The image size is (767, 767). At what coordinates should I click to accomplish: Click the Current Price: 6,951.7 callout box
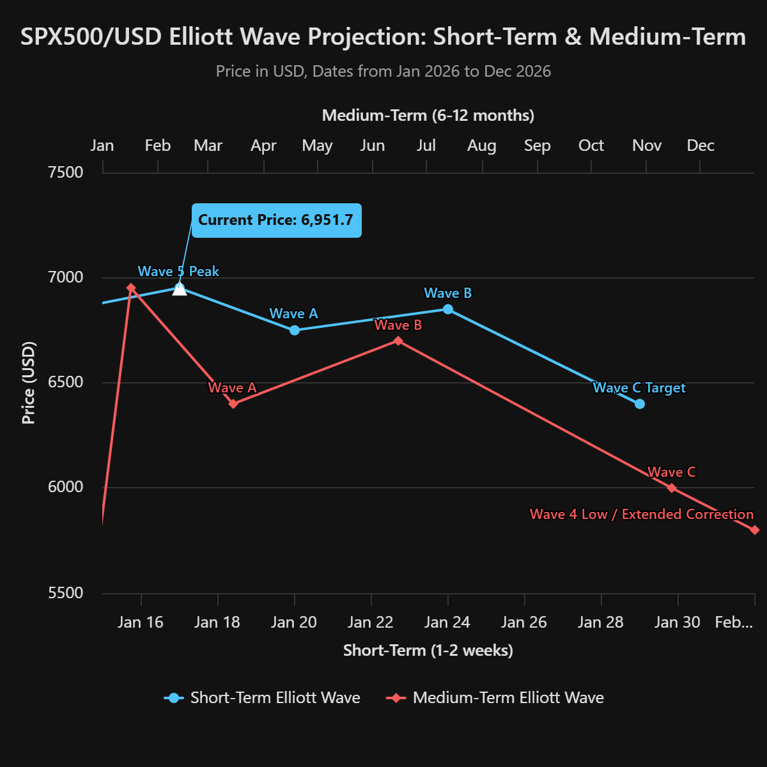pyautogui.click(x=276, y=221)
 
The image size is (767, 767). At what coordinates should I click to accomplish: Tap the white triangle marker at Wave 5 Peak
pyautogui.click(x=180, y=289)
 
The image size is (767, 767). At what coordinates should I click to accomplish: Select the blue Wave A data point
pyautogui.click(x=295, y=330)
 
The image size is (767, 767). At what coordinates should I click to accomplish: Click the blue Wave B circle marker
pyautogui.click(x=448, y=309)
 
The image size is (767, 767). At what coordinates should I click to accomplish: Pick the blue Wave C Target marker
pyautogui.click(x=640, y=404)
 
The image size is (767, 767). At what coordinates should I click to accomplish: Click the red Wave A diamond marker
pyautogui.click(x=233, y=404)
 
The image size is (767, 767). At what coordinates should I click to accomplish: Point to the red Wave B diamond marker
pyautogui.click(x=398, y=341)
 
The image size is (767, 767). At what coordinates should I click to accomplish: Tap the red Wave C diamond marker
pyautogui.click(x=672, y=488)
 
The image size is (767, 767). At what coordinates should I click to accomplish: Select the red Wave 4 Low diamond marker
pyautogui.click(x=755, y=530)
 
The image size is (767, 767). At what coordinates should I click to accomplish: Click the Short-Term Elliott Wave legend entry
pyautogui.click(x=263, y=697)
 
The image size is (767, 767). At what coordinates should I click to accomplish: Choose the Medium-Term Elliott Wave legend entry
pyautogui.click(x=495, y=697)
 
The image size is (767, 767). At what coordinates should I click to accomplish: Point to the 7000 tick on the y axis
pyautogui.click(x=66, y=277)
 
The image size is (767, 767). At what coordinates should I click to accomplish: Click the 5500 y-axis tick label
pyautogui.click(x=66, y=593)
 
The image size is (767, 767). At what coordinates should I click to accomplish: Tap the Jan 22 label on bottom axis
pyautogui.click(x=371, y=623)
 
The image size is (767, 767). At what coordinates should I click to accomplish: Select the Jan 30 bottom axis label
pyautogui.click(x=678, y=623)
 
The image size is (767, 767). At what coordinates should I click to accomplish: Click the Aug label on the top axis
pyautogui.click(x=482, y=146)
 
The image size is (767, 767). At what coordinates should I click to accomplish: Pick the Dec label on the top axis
pyautogui.click(x=701, y=146)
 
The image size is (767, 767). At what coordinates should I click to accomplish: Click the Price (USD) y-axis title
pyautogui.click(x=29, y=383)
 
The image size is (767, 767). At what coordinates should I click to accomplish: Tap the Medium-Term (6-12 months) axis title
pyautogui.click(x=428, y=116)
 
